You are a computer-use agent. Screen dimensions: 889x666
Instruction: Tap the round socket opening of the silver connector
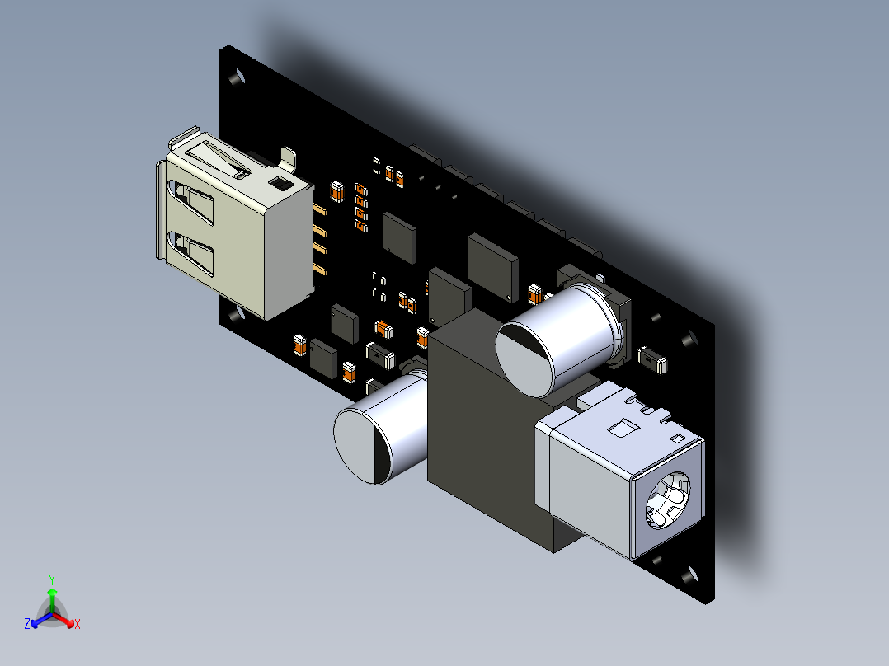click(x=668, y=500)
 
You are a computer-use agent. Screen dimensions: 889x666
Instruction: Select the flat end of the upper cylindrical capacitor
click(x=524, y=359)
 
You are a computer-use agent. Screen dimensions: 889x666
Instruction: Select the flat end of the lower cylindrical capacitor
click(x=362, y=447)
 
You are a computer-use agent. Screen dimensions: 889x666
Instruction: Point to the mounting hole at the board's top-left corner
click(x=237, y=77)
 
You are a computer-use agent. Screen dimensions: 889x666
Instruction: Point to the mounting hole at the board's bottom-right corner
click(x=689, y=575)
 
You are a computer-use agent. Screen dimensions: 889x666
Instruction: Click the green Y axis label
click(x=52, y=579)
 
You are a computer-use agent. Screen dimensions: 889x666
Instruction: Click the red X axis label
click(x=78, y=624)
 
